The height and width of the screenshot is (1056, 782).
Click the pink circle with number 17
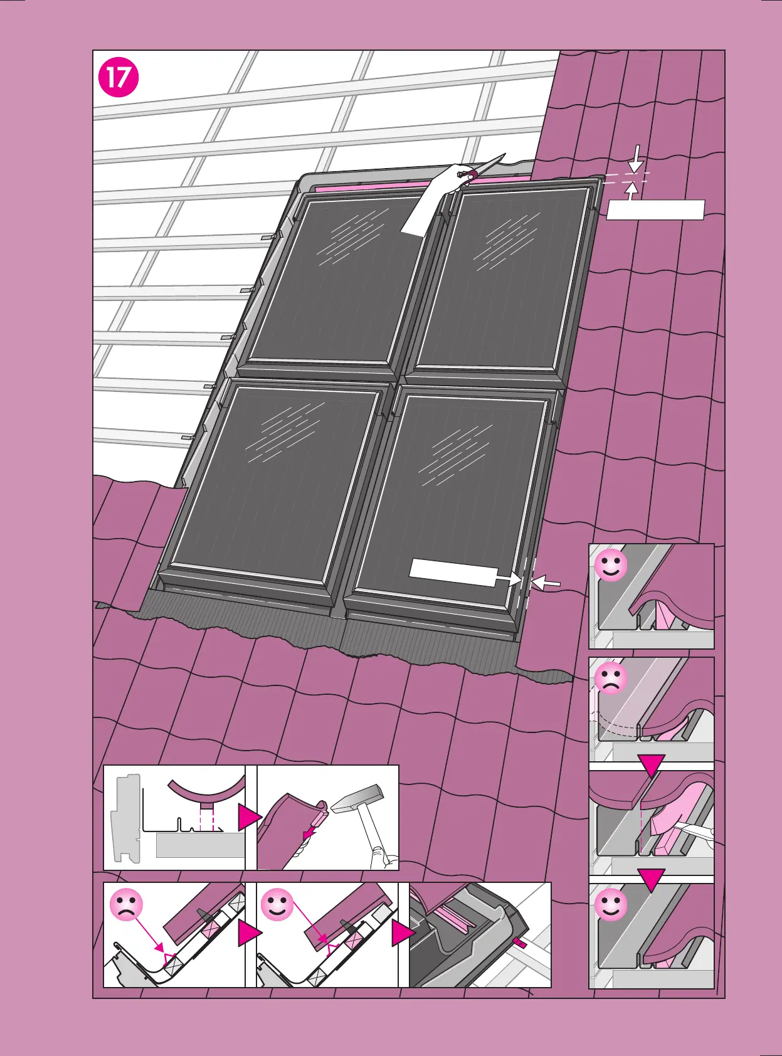tap(119, 78)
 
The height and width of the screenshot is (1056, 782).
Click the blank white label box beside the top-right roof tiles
tap(655, 210)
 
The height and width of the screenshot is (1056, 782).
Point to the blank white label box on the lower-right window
tap(453, 573)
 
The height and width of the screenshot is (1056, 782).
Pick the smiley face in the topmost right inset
tap(610, 565)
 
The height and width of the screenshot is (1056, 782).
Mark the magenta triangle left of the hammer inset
tap(249, 818)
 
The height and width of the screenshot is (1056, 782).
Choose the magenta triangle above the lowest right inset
tap(651, 880)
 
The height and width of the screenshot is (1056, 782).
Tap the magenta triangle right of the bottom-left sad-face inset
tap(249, 934)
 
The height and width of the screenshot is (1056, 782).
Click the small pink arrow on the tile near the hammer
tap(308, 833)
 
